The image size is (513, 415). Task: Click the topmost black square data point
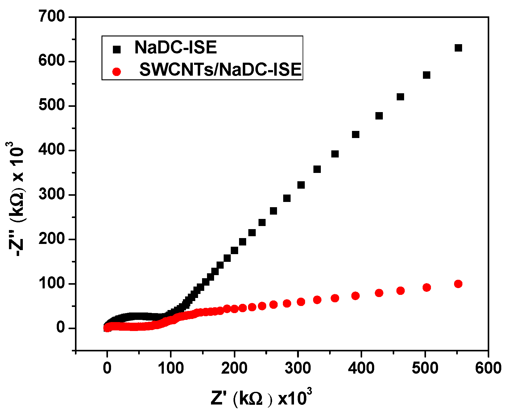coord(458,48)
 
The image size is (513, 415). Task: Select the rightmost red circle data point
coord(458,284)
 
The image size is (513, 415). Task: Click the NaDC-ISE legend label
coord(176,48)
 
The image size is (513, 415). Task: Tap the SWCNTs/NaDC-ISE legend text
coord(220,69)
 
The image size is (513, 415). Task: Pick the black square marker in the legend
coord(117,49)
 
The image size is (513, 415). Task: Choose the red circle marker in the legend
coord(117,72)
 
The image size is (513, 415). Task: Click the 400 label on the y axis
coord(52,150)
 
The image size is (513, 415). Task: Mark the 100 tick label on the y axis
coord(52,283)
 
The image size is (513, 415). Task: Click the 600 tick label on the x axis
coord(488,368)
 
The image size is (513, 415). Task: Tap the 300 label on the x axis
coord(298,368)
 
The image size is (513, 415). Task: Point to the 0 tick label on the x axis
coord(107,368)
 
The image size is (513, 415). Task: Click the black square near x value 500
coord(426,75)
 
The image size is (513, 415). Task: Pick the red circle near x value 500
coord(426,287)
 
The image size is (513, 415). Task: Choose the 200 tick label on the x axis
coord(234,368)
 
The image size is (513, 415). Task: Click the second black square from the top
coord(426,75)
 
